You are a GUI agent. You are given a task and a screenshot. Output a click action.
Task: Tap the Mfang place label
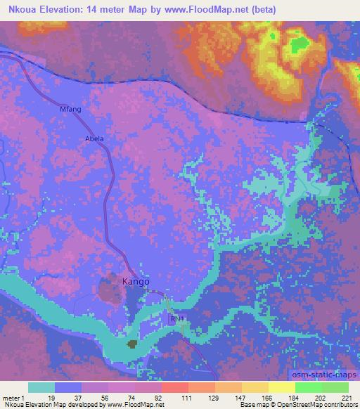click(x=70, y=110)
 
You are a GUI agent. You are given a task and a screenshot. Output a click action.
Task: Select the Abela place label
click(x=94, y=138)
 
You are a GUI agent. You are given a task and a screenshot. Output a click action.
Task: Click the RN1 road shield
click(x=177, y=319)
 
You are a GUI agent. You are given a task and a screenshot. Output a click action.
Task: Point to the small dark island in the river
click(x=131, y=344)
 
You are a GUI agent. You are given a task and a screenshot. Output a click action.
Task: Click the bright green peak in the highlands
click(x=300, y=43)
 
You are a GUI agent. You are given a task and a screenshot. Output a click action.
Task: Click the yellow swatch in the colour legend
click(x=281, y=387)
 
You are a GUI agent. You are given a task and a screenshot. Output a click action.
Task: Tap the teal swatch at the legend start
click(x=41, y=387)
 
